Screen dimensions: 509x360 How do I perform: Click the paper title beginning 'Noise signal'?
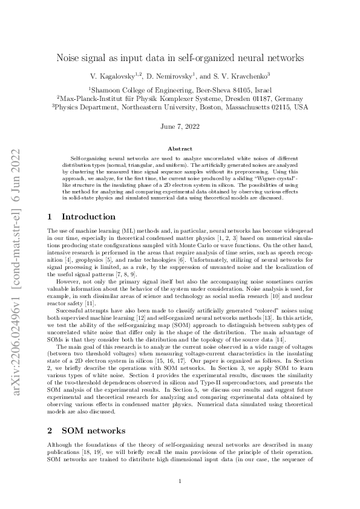tap(180, 59)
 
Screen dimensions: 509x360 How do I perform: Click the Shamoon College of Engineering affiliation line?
tap(180, 88)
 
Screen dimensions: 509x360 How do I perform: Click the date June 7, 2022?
tap(180, 126)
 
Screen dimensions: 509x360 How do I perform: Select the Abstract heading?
tap(180, 149)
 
